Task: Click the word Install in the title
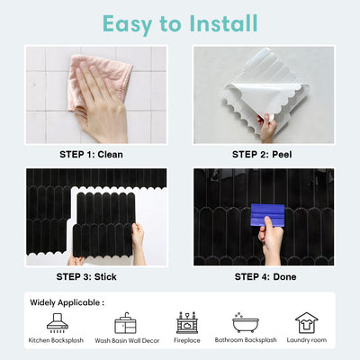pos(223,23)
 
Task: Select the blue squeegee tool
pos(267,215)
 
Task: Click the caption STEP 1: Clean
pos(91,155)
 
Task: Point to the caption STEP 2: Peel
pos(262,155)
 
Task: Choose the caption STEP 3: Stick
pos(86,276)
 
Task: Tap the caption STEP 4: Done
pos(265,276)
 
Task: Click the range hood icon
pos(58,323)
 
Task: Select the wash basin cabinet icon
pos(125,323)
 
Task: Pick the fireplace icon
pos(187,323)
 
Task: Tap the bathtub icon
pos(246,322)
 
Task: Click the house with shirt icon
pos(307,323)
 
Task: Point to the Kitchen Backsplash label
pos(56,340)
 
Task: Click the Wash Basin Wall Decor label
pos(127,340)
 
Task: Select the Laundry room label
pos(307,340)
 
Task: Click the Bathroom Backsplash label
pos(246,340)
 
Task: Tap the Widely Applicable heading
pos(67,302)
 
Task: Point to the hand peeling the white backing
pos(267,129)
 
